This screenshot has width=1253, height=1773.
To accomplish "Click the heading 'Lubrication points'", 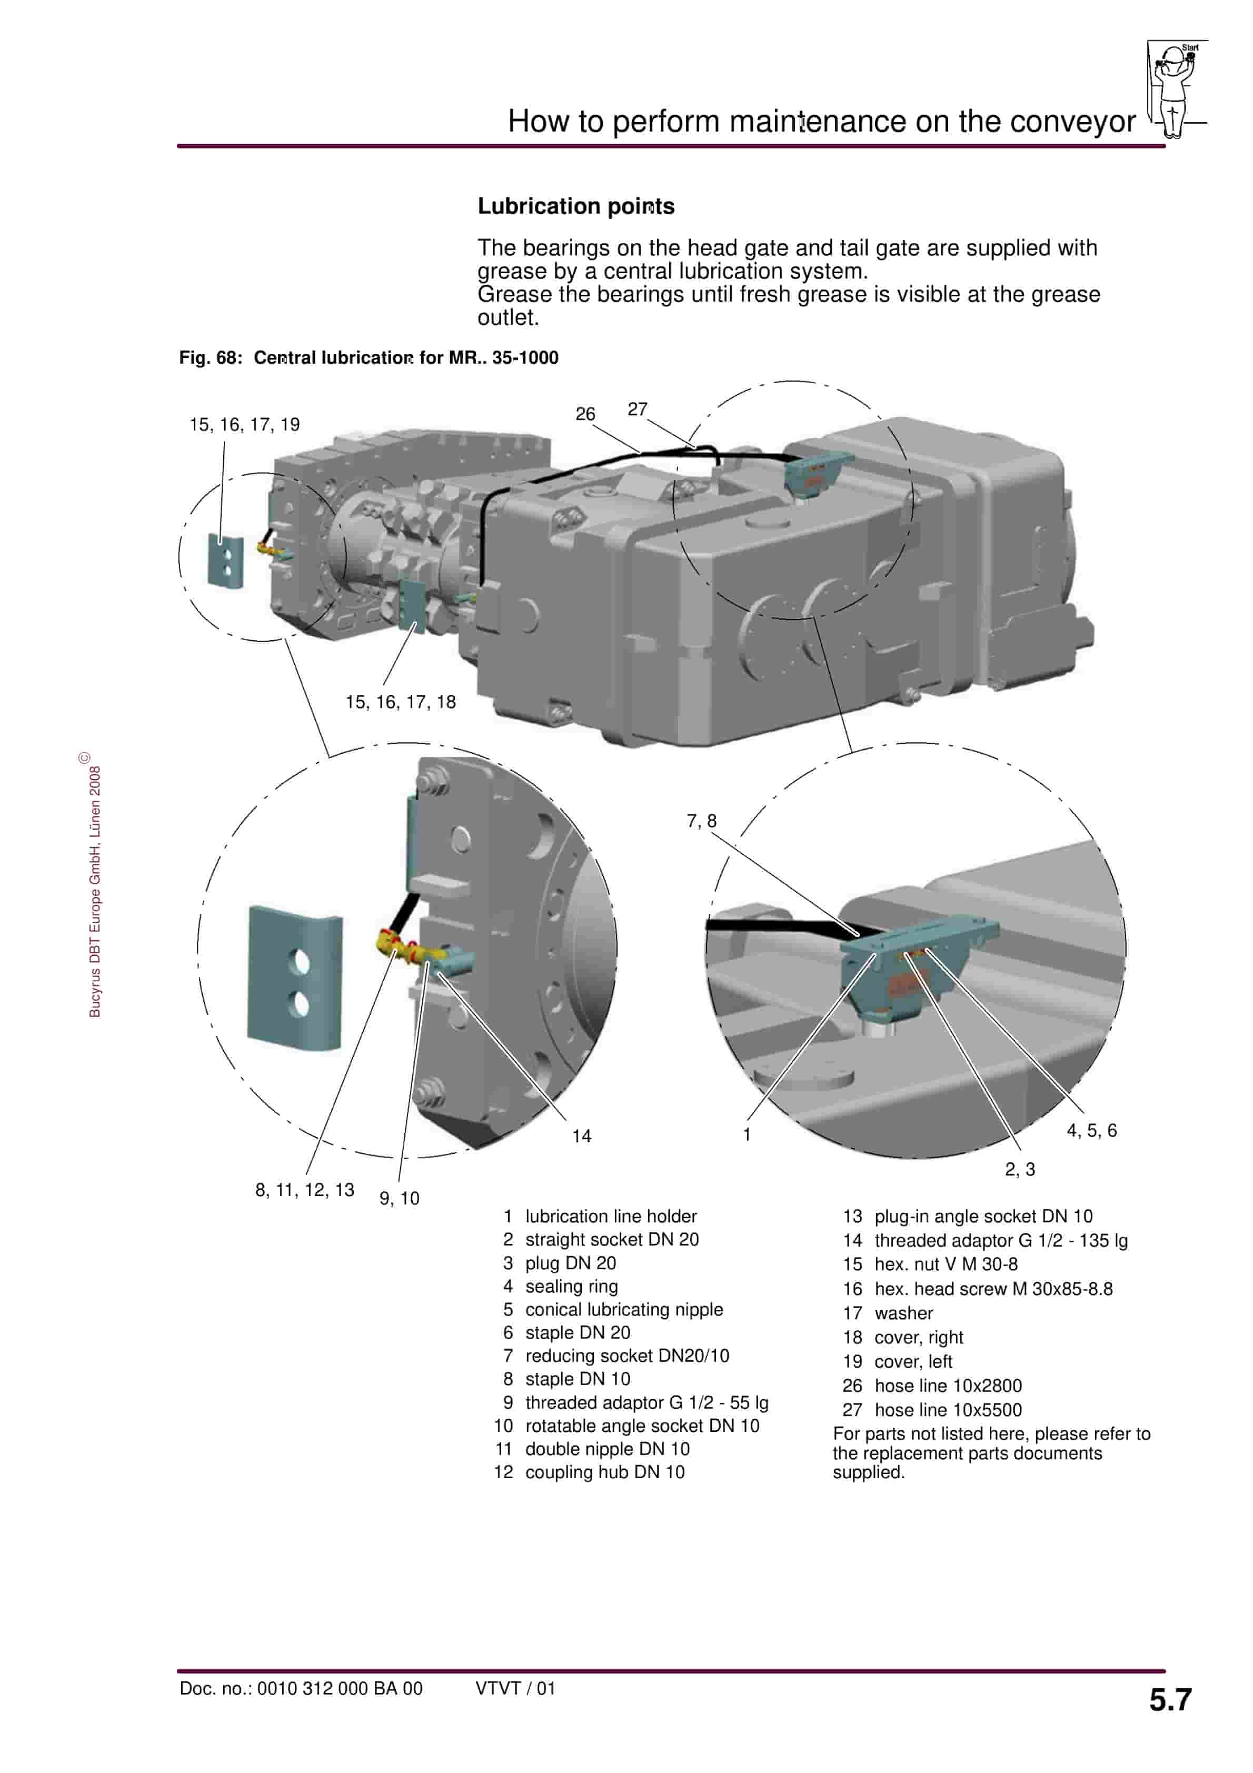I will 575,206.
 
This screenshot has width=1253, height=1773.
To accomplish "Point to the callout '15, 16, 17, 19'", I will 244,425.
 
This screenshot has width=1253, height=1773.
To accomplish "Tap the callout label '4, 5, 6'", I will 1091,1131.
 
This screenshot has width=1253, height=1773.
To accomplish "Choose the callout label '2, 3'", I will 1020,1169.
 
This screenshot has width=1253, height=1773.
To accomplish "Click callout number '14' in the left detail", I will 582,1136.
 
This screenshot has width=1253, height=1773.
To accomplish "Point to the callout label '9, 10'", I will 400,1199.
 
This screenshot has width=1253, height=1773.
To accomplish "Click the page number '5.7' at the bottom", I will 1170,1700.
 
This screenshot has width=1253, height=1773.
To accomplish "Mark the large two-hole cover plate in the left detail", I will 294,979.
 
